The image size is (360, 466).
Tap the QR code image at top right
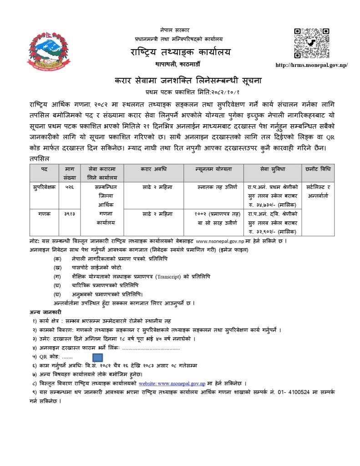[x=312, y=43]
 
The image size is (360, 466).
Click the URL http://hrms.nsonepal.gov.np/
[x=312, y=65]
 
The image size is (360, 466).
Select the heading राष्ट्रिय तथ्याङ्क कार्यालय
[x=180, y=51]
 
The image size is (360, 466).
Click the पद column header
[x=44, y=169]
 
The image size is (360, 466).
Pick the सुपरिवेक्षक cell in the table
[x=44, y=187]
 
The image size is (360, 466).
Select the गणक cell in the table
[x=44, y=213]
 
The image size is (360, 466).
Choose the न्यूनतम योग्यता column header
[x=214, y=169]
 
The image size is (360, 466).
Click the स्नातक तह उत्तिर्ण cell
[x=214, y=187]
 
